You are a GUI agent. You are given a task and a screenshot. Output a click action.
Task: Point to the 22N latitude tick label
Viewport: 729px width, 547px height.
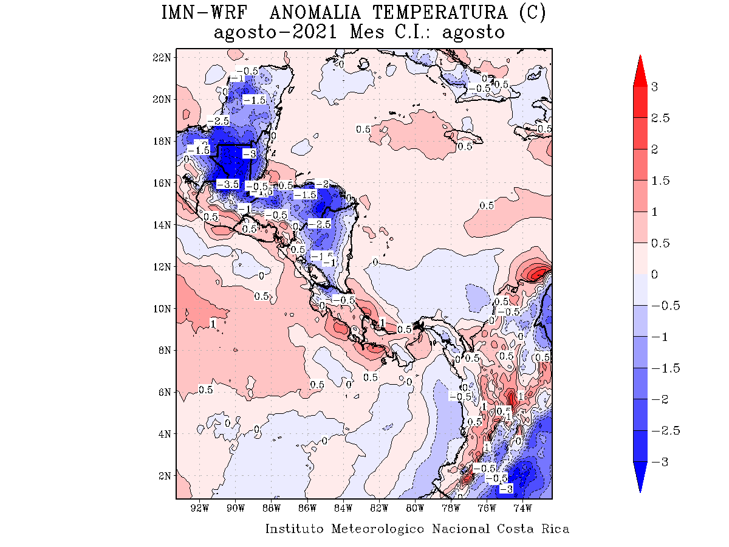click(x=163, y=57)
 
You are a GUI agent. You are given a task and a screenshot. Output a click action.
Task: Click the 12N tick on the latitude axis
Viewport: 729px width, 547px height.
click(x=163, y=266)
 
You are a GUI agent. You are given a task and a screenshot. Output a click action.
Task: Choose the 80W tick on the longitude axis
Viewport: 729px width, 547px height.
click(x=415, y=507)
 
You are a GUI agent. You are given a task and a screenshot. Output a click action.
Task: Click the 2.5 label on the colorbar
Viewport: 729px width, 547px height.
click(x=660, y=118)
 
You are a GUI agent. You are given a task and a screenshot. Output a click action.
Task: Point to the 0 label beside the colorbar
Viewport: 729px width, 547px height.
click(x=655, y=275)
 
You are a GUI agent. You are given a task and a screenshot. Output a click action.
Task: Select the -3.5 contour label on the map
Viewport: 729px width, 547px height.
click(x=227, y=184)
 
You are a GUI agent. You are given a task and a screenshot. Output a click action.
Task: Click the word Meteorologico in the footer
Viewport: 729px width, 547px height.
click(x=378, y=529)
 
